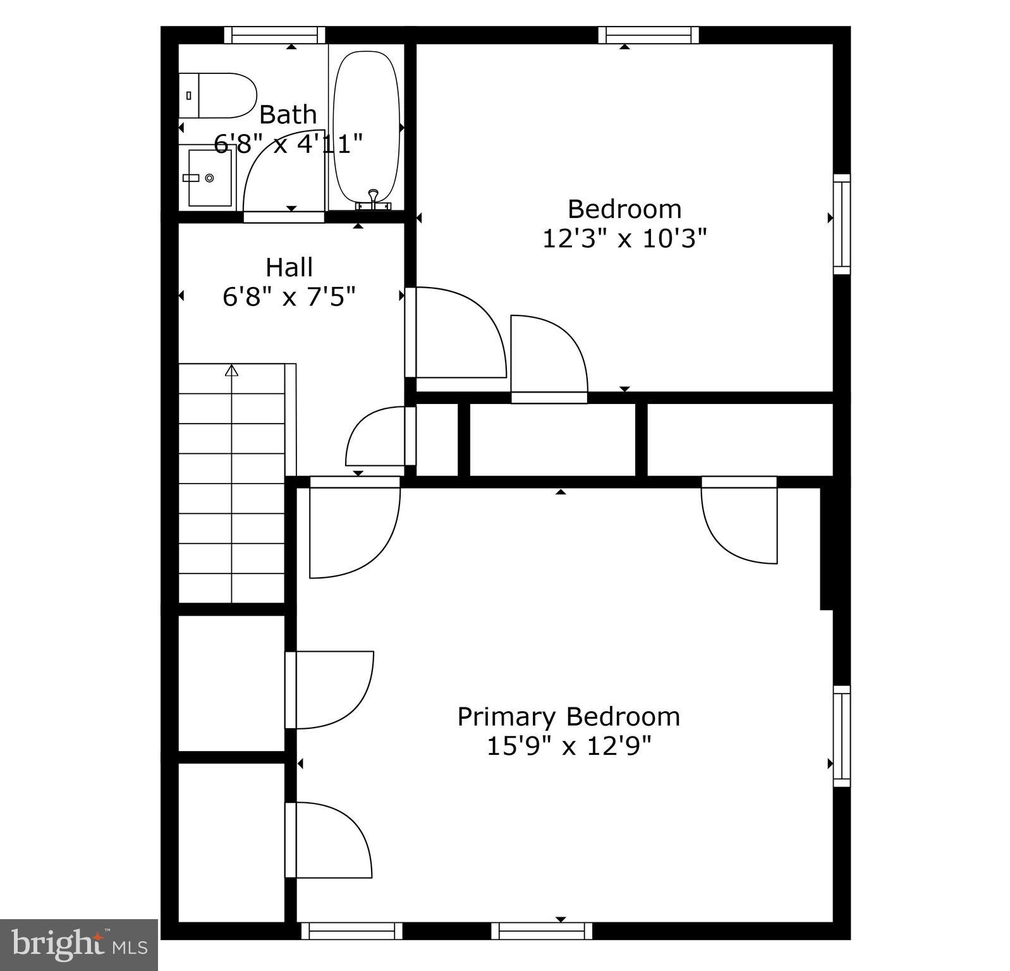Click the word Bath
[x=288, y=115]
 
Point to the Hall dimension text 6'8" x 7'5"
[x=289, y=296]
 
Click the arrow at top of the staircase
[x=232, y=370]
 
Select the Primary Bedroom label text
[x=568, y=717]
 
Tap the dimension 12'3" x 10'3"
[x=624, y=239]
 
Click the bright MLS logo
[x=79, y=945]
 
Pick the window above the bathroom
[x=274, y=35]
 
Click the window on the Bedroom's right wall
[x=841, y=224]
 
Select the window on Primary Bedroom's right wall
[x=841, y=736]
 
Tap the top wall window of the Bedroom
[x=648, y=35]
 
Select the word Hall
[x=289, y=267]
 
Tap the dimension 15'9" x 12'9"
[x=568, y=747]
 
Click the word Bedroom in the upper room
[x=624, y=209]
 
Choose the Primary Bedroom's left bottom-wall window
[x=351, y=931]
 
